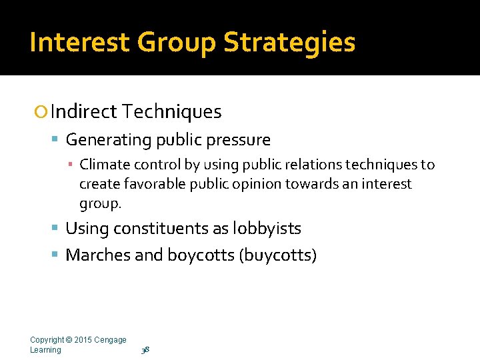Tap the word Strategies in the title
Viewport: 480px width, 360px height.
[x=289, y=42]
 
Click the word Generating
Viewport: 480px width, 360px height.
[x=109, y=140]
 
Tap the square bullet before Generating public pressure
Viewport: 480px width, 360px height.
[x=56, y=140]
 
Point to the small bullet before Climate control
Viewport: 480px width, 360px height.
[x=71, y=165]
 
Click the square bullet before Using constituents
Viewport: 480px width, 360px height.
[x=56, y=229]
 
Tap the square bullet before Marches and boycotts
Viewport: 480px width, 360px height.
[x=56, y=255]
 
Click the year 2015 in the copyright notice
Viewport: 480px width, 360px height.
[x=83, y=340]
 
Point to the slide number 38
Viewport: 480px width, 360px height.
[x=145, y=350]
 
